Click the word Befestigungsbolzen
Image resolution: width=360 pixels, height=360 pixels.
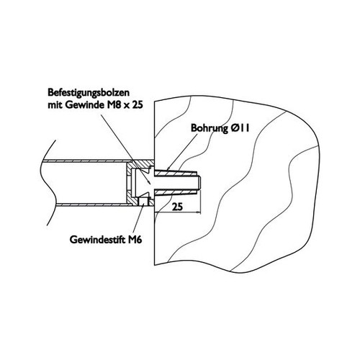click(x=89, y=93)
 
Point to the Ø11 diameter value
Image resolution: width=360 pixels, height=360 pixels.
click(x=240, y=128)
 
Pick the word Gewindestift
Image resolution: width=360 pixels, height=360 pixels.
click(x=98, y=240)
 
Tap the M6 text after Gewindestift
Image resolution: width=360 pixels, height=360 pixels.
click(x=135, y=240)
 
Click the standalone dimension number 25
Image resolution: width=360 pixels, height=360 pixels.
click(x=177, y=207)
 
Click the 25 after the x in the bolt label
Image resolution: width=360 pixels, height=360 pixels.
click(x=137, y=105)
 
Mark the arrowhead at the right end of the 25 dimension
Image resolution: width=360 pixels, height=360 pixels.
click(x=198, y=212)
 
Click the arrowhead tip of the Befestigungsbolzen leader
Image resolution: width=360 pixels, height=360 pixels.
click(x=150, y=184)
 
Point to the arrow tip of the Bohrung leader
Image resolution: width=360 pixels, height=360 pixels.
click(x=167, y=170)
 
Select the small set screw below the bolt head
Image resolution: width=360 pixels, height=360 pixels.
click(x=144, y=202)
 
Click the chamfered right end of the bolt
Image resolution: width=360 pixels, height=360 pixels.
click(x=199, y=183)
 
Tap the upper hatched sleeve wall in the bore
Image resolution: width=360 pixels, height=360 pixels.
click(x=176, y=173)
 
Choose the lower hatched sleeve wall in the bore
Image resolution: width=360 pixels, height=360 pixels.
click(x=176, y=192)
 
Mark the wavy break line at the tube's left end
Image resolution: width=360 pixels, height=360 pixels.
click(x=48, y=183)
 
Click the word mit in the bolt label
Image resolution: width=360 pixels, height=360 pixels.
click(x=55, y=105)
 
